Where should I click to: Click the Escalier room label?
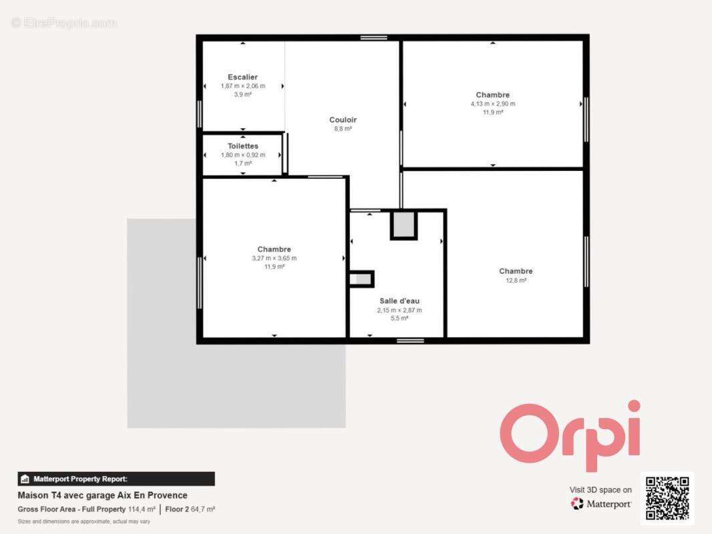pos(242,77)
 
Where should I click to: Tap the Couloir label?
pos(343,119)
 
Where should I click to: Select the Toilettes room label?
pos(243,146)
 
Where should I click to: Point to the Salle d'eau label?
pos(399,301)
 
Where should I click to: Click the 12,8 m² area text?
pos(516,280)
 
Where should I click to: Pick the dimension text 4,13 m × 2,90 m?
pos(493,104)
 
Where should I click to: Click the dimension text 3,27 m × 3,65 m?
pos(275,258)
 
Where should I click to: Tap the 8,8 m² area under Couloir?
pos(343,129)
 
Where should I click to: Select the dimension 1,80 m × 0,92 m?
pos(243,155)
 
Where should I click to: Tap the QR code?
pos(667,498)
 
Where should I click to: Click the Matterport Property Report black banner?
pos(116,479)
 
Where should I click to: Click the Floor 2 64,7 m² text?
pos(190,509)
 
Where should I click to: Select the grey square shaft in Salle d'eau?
pos(403,224)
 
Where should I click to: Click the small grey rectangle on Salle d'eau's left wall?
pos(361,279)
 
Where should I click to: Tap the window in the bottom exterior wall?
pos(410,340)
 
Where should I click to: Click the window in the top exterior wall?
pos(374,37)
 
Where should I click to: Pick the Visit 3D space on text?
pos(600,490)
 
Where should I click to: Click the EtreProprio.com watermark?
pos(64,23)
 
